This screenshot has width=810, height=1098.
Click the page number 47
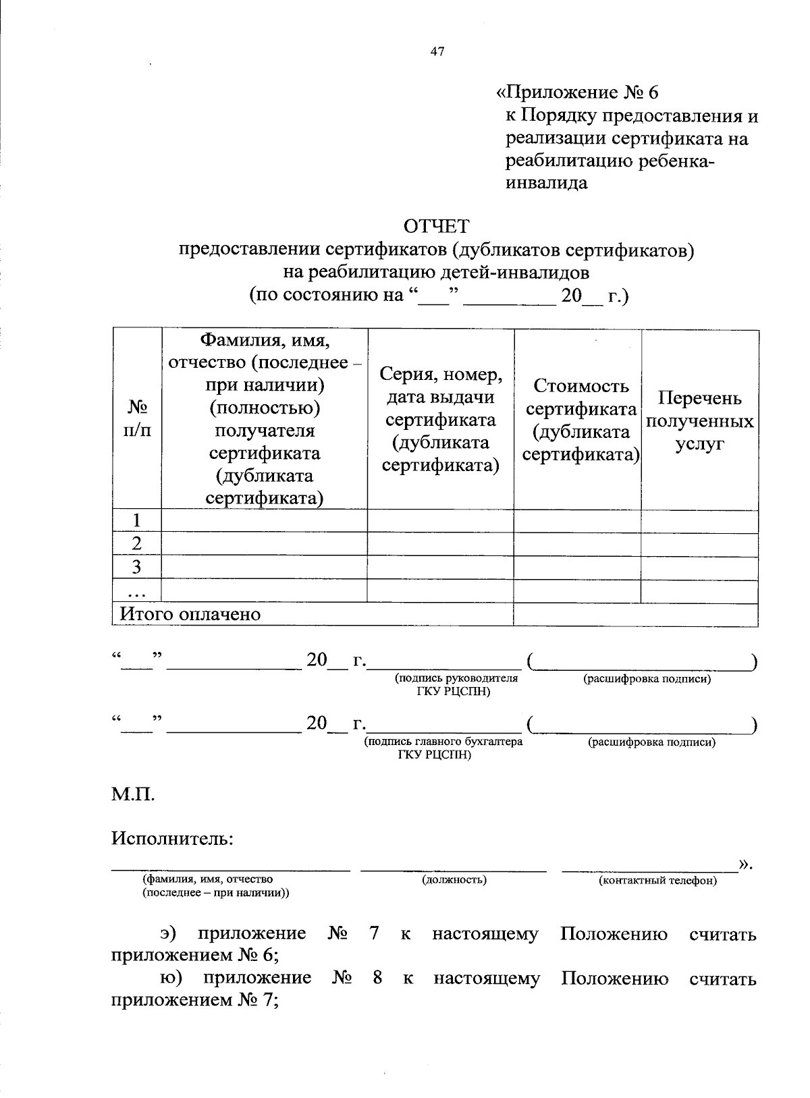[x=437, y=51]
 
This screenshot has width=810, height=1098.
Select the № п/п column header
[x=137, y=419]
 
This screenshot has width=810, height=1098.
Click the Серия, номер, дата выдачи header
[x=441, y=419]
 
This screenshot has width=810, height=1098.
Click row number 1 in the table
[x=137, y=521]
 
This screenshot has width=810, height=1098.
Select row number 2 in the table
[x=137, y=544]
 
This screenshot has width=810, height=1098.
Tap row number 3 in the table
[x=137, y=567]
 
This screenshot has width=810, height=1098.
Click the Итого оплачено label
[x=190, y=614]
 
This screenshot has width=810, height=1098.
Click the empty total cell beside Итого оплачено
[x=635, y=614]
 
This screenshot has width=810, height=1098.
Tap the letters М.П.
[x=133, y=795]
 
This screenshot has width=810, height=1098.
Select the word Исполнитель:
[x=173, y=839]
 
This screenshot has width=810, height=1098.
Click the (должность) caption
[x=454, y=880]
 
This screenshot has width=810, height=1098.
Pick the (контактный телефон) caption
[x=657, y=881]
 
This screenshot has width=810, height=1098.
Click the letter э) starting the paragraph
[x=168, y=934]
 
